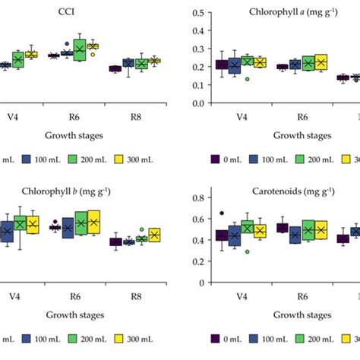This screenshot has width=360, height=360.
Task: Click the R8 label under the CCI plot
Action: click(136, 116)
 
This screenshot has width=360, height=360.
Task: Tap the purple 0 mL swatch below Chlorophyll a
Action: click(216, 159)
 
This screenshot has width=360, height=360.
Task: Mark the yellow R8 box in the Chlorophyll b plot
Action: click(155, 235)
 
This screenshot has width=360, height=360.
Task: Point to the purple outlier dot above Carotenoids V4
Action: click(222, 213)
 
